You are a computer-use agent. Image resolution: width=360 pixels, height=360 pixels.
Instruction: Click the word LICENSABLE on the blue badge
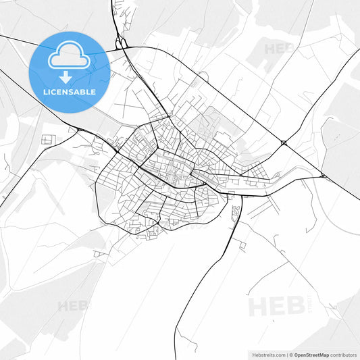(70, 91)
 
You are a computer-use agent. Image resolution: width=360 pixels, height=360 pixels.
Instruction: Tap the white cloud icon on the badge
(70, 57)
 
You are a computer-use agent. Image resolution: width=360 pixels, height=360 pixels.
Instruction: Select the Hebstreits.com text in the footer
(266, 355)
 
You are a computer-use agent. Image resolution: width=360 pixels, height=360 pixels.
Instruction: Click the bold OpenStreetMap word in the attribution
(311, 355)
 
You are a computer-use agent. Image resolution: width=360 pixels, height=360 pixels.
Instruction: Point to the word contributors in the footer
(343, 355)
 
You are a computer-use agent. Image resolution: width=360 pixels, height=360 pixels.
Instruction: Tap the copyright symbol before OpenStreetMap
(290, 355)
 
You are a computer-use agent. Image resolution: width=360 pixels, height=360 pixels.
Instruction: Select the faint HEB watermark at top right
(278, 49)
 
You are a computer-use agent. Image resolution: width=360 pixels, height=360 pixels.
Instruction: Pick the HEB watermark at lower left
(73, 305)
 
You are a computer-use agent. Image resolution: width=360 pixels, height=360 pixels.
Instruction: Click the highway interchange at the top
(122, 44)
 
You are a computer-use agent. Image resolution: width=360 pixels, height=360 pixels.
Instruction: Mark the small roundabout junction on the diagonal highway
(284, 143)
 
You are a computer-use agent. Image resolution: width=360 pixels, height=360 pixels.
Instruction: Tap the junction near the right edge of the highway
(323, 176)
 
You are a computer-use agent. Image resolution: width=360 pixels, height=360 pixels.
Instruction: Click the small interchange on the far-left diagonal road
(80, 129)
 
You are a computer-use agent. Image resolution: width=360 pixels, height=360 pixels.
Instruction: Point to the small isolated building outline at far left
(47, 139)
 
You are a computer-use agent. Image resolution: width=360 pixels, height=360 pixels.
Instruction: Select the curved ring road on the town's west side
(99, 196)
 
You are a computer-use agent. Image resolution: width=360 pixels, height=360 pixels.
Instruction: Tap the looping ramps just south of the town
(235, 215)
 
